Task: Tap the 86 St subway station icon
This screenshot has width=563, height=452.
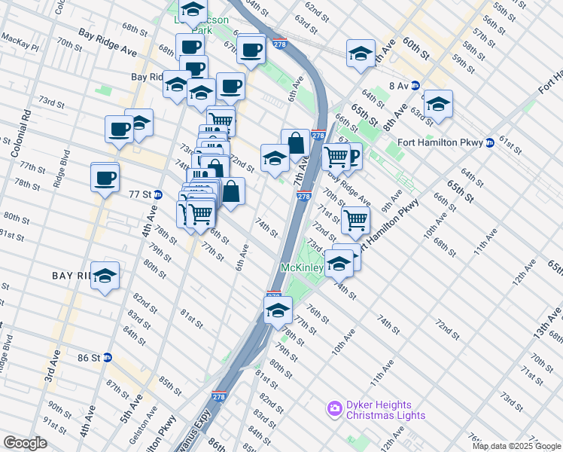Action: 108,358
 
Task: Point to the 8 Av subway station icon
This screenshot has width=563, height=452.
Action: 415,86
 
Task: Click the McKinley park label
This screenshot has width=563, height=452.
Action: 302,267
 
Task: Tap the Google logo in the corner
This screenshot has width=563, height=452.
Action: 25,443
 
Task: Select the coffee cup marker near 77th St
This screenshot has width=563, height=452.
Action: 105,179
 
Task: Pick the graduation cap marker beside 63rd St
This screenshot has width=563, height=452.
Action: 437,105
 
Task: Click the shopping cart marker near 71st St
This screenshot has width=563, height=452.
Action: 355,221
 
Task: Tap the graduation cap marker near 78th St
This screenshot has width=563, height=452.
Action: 277,309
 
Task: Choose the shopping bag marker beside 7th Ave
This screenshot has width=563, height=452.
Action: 296,142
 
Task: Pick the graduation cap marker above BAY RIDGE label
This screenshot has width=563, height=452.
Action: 105,276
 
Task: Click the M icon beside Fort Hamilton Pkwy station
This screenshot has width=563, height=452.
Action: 490,142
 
